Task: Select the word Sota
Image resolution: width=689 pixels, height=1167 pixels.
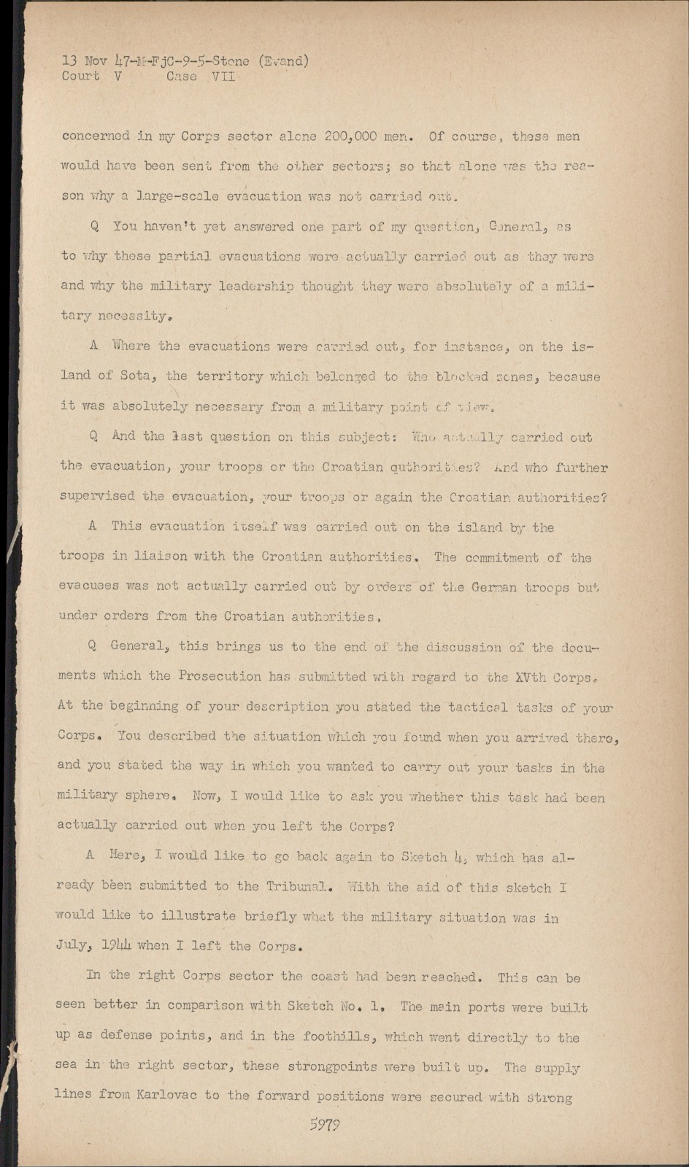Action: point(136,376)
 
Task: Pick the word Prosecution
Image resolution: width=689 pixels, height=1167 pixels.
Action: point(220,676)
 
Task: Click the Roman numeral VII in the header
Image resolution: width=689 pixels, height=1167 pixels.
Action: point(222,77)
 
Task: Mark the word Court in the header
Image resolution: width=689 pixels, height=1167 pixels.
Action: point(80,77)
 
